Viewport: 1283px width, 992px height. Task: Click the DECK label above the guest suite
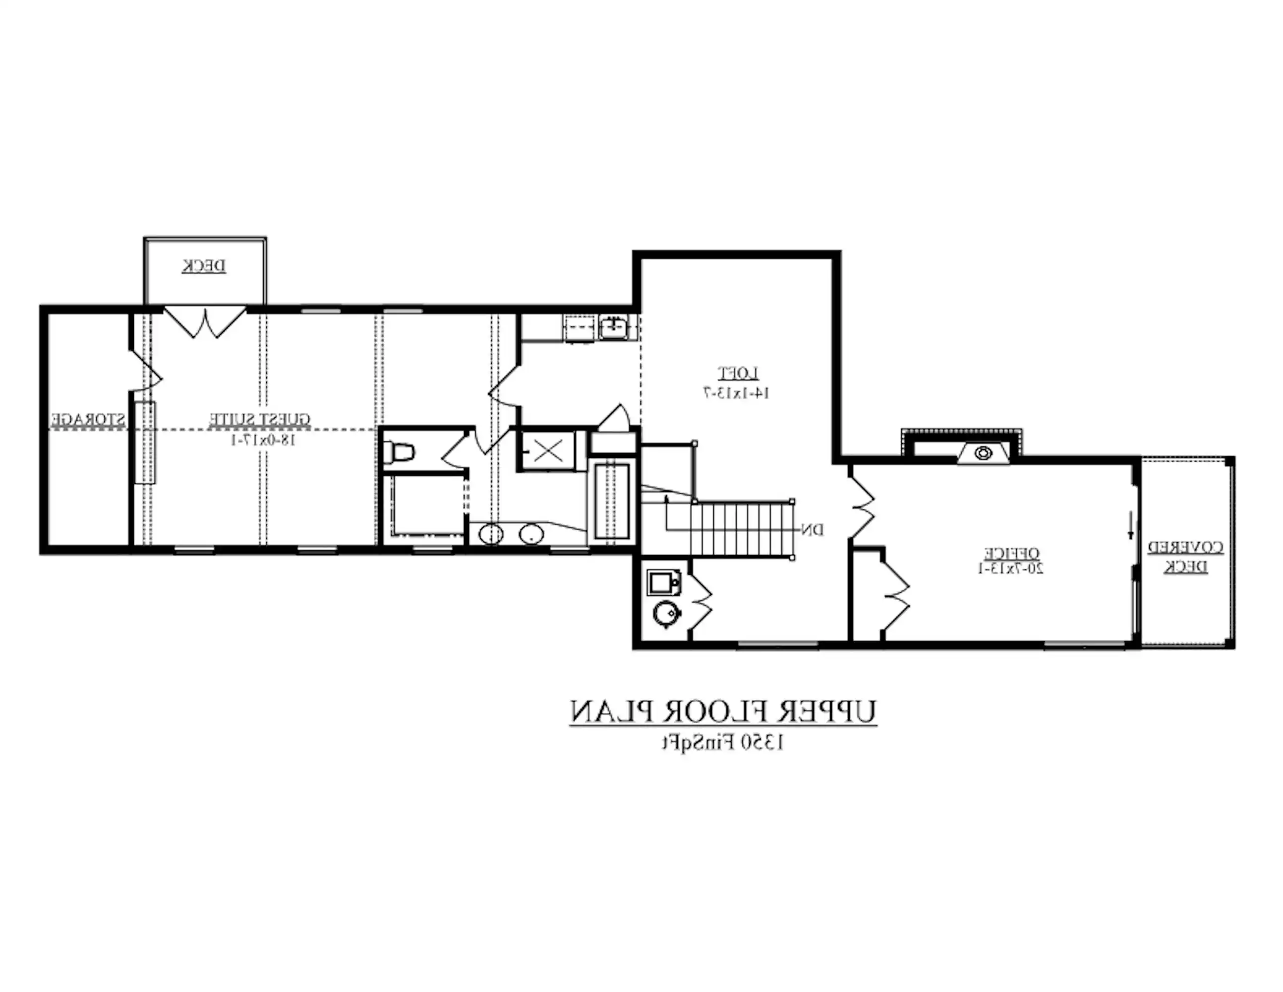[203, 266]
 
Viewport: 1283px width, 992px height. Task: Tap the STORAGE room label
[88, 420]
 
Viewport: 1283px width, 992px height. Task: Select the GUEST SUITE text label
[260, 419]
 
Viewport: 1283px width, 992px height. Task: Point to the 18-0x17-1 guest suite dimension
[262, 439]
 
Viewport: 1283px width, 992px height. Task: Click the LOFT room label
[738, 373]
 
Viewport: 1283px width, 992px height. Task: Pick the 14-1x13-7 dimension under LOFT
[737, 392]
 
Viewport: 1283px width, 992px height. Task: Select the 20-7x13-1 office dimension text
[1010, 568]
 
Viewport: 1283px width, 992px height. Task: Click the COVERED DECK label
[1185, 557]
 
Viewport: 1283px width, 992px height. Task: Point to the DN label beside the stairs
[813, 530]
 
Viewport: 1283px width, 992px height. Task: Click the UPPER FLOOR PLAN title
[723, 712]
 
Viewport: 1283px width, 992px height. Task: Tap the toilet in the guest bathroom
[400, 452]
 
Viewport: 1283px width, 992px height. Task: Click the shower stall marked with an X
[547, 451]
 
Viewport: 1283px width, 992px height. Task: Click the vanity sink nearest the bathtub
[531, 534]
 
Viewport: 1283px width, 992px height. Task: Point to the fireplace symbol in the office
[983, 453]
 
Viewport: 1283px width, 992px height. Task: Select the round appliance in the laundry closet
[666, 614]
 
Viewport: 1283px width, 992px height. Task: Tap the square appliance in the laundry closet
[664, 583]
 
